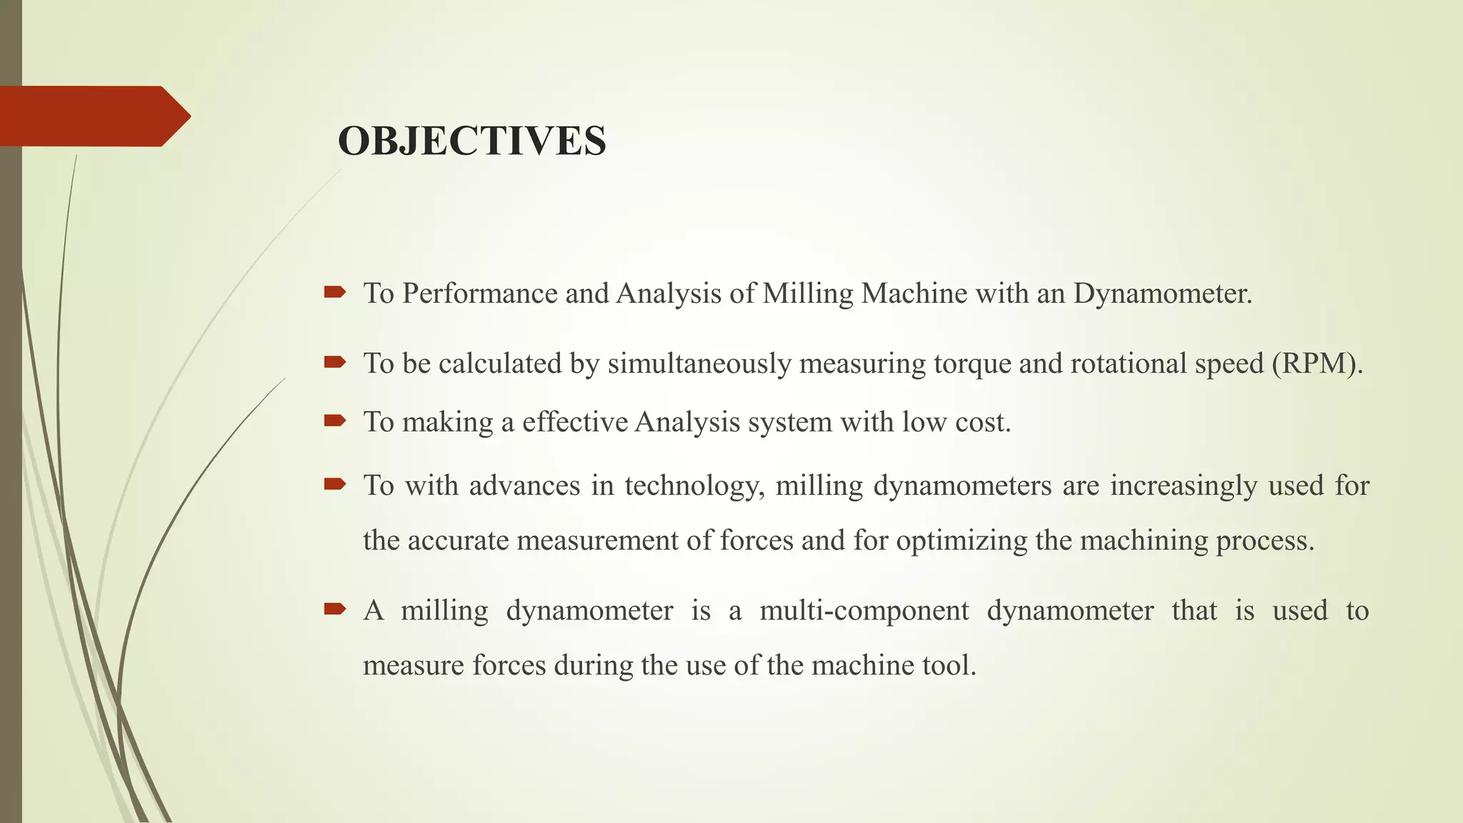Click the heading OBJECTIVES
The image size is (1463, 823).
pos(471,141)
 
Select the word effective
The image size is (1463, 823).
pos(574,422)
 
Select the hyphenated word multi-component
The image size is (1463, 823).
pos(864,611)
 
